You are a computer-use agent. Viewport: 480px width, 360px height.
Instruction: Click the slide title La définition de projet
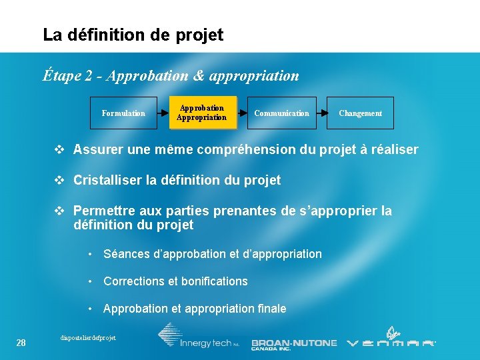133,35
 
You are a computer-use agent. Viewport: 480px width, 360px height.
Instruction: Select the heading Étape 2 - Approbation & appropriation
171,75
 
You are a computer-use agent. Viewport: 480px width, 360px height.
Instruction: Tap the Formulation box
123,113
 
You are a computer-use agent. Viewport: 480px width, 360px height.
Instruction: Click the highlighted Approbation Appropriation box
201,113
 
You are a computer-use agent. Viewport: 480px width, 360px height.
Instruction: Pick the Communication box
281,113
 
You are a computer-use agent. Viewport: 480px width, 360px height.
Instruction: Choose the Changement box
360,113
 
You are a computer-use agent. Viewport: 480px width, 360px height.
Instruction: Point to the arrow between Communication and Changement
321,113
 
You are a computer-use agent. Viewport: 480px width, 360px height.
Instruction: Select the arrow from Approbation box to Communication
242,113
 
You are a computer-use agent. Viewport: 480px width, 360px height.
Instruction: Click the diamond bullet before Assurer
60,149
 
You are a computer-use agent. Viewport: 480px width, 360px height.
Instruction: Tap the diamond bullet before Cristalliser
60,180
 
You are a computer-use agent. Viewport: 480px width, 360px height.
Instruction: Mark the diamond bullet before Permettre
60,211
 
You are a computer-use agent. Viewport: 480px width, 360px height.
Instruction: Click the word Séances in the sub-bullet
126,254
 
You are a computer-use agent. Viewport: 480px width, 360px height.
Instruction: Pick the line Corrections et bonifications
175,281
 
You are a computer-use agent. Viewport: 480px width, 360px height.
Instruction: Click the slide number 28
21,343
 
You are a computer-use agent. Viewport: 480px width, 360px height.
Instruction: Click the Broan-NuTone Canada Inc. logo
294,344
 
